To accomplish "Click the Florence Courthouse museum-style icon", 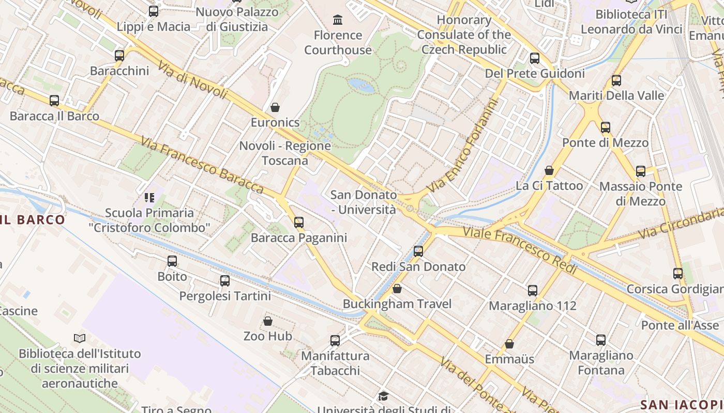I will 338,20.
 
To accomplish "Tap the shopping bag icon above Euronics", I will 275,107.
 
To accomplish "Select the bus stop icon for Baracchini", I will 119,56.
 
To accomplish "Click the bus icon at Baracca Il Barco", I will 54,101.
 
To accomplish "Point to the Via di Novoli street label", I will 193,81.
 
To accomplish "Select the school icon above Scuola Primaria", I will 149,197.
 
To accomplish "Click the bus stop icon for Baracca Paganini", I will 299,223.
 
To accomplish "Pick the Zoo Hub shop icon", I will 268,321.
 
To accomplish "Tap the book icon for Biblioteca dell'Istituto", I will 80,339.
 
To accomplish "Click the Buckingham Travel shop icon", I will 397,289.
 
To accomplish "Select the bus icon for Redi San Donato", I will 418,251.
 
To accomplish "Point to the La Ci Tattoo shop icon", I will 549,170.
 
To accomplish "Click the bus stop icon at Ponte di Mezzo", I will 605,128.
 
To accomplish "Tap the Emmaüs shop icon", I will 509,344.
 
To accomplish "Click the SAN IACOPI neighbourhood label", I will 682,404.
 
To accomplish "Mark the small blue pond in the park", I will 361,85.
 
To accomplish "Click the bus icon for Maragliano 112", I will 533,291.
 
